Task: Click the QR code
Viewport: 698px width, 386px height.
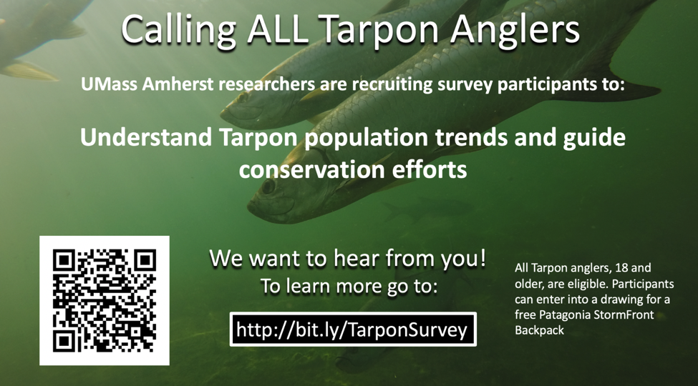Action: [x=105, y=301]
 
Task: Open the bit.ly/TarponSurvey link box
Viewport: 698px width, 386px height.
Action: [x=353, y=330]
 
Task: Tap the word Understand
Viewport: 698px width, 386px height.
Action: [x=147, y=138]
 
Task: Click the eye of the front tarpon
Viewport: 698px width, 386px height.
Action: [x=268, y=186]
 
